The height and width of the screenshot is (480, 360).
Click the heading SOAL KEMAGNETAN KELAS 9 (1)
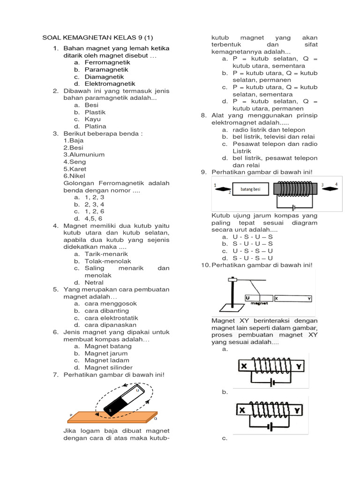(98, 37)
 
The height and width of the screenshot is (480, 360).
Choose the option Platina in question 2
(96, 126)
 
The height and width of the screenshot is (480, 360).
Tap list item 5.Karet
(75, 169)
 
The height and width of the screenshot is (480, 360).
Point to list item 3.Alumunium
(84, 154)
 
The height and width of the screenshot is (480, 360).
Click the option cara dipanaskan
(111, 325)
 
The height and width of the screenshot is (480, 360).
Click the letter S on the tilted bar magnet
(110, 411)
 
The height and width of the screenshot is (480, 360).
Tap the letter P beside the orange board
(71, 415)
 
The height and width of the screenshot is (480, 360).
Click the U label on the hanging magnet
(247, 298)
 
